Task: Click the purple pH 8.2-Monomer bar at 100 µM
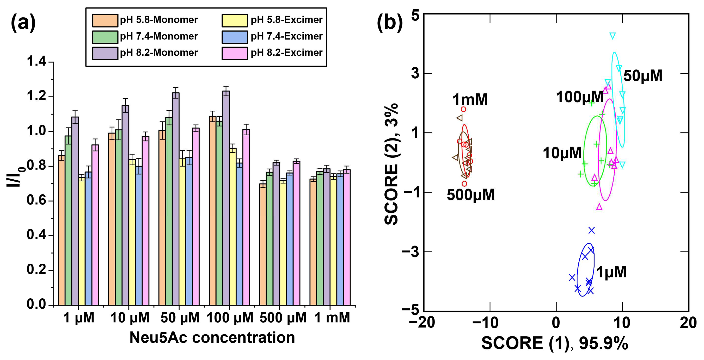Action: click(x=226, y=198)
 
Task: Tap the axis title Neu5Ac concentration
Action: click(x=212, y=337)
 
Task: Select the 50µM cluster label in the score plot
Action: click(x=643, y=76)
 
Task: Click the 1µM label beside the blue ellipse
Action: click(x=611, y=272)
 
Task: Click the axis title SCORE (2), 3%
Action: click(x=391, y=164)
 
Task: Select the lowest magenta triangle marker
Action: click(x=599, y=207)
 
